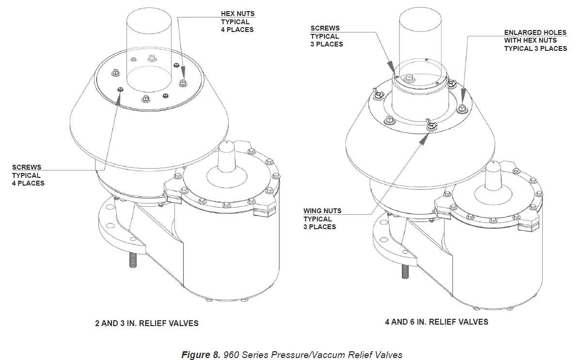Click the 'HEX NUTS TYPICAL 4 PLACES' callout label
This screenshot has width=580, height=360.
237,22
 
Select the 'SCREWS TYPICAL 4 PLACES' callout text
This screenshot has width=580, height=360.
28,175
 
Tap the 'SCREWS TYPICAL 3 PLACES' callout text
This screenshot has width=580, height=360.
327,36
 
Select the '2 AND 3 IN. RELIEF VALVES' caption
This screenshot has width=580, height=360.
146,323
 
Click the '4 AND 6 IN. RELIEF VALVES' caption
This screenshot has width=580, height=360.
437,322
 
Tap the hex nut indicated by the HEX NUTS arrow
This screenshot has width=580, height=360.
184,82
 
